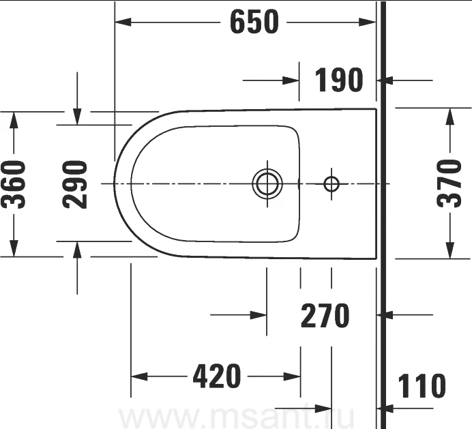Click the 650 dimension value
254,22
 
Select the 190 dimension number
338,80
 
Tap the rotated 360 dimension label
13,184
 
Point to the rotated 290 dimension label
75,184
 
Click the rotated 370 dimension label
449,183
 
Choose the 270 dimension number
325,316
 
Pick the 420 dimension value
217,376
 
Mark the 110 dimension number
422,386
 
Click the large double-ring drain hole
267,183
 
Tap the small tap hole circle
331,183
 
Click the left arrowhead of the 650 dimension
123,22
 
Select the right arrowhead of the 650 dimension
368,22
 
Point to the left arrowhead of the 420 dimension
139,376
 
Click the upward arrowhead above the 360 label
14,120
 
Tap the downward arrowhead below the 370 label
450,250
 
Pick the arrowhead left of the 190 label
291,80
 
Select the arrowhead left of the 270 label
259,315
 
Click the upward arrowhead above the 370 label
450,117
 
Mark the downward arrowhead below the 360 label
14,248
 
